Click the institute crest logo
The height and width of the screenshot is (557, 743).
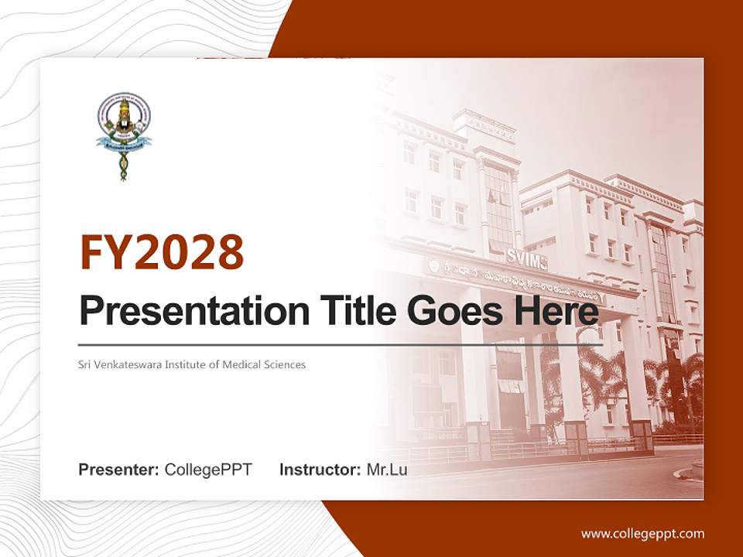(124, 136)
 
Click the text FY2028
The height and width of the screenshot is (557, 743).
(162, 253)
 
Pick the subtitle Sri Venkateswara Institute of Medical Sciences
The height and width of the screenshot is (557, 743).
(192, 364)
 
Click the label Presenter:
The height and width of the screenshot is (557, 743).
(119, 470)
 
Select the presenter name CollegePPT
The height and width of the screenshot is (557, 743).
(208, 470)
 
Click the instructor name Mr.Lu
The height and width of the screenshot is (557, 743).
(387, 470)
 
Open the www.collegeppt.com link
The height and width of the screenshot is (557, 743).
(642, 533)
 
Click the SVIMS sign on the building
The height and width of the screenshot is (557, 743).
(526, 261)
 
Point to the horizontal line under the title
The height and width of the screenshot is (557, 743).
(341, 344)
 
